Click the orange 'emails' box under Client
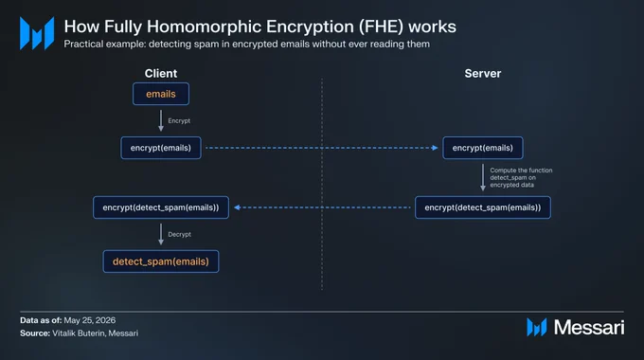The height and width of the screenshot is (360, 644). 161,94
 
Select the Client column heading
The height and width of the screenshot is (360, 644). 161,74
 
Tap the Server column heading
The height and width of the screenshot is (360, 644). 483,74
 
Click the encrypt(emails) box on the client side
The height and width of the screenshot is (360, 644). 161,148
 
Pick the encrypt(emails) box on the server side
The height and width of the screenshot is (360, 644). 483,148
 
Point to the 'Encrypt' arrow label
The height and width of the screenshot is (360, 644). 179,121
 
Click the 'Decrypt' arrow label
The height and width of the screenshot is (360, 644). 180,234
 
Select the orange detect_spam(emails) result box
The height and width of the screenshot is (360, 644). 161,261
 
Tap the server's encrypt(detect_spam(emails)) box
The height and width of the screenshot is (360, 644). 483,207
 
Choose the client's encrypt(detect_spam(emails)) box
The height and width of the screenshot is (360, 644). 161,207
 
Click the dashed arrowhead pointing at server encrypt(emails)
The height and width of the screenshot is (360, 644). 435,148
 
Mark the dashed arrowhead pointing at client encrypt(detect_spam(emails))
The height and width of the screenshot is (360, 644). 237,207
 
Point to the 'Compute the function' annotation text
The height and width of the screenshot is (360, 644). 521,171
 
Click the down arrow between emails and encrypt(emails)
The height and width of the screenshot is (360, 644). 161,120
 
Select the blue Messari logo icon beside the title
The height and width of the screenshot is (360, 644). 37,33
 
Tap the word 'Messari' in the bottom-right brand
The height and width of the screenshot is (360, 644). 589,328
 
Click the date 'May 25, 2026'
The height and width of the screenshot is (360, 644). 90,320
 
